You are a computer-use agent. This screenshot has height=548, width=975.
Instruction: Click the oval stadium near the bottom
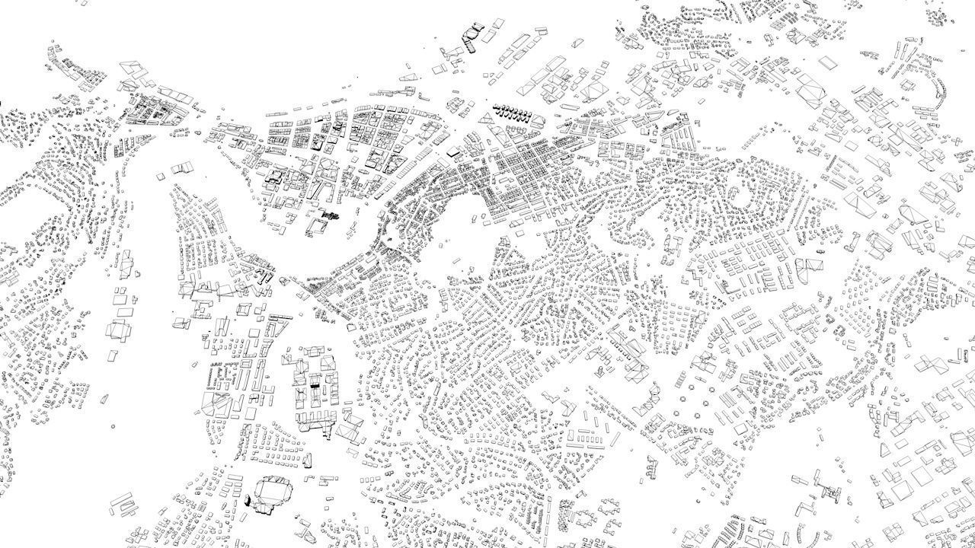pos(270,492)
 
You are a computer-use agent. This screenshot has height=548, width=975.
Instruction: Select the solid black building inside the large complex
pos(315,386)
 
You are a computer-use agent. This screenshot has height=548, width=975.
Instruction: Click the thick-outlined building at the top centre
pos(473,33)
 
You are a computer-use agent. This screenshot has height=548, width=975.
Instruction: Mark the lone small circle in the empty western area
pos(113,426)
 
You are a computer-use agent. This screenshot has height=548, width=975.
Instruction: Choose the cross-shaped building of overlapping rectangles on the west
pos(119,330)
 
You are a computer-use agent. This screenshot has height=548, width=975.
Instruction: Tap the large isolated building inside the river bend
pos(184,167)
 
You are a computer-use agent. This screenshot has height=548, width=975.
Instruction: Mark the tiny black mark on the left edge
pos(2,104)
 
